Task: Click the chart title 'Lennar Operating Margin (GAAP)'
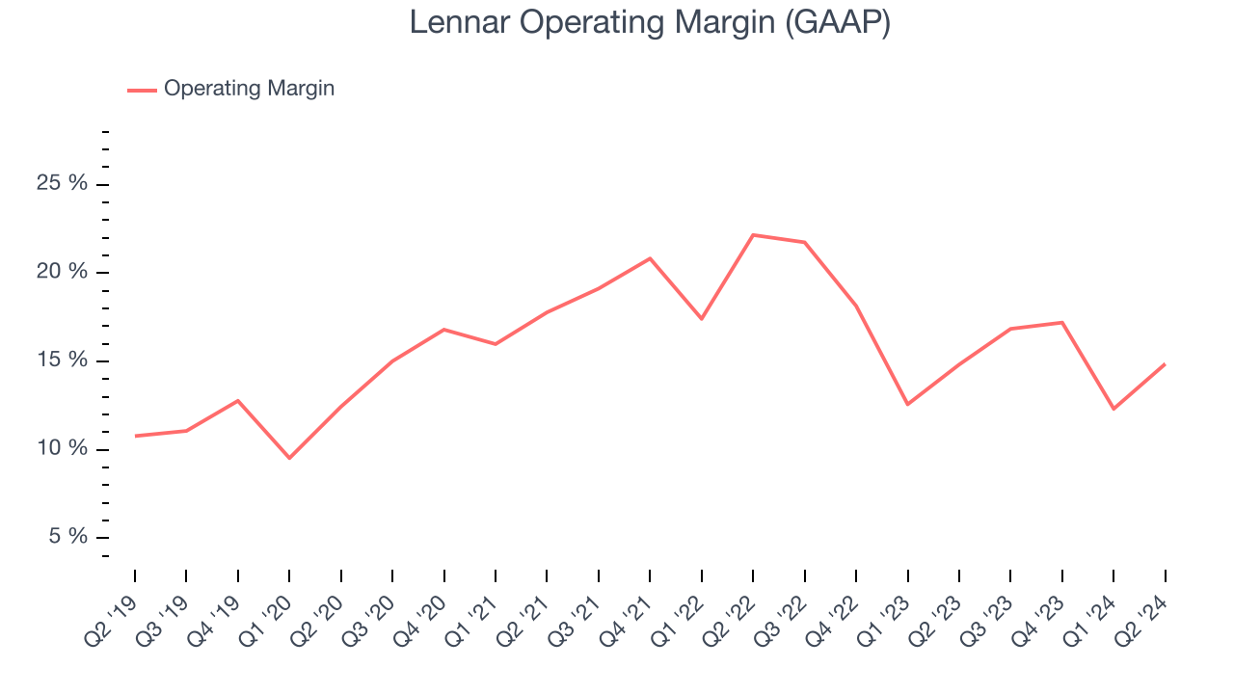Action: tap(649, 22)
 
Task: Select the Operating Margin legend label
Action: tap(249, 89)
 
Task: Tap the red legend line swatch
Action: tap(142, 90)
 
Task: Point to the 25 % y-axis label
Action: tap(62, 183)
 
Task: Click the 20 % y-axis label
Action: tap(62, 272)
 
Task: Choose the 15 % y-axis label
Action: tap(62, 360)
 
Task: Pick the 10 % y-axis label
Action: tap(62, 449)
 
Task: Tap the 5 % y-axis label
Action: tap(67, 537)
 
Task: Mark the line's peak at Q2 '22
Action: tap(753, 235)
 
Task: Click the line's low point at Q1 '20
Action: tap(289, 458)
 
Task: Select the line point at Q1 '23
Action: tap(907, 404)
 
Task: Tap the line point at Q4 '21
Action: tap(650, 258)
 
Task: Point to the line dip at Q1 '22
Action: tap(702, 319)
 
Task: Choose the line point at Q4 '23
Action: tap(1062, 322)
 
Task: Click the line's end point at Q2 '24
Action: tap(1165, 364)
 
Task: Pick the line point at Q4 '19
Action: tap(238, 400)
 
